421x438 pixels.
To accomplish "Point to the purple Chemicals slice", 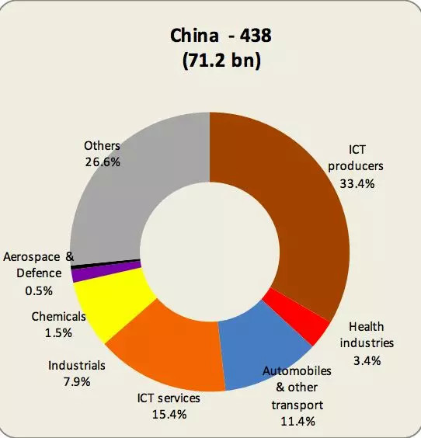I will (78, 274).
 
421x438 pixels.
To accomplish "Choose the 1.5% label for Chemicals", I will (57, 332).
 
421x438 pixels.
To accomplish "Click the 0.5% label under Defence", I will (39, 290).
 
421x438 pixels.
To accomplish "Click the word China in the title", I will (193, 36).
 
